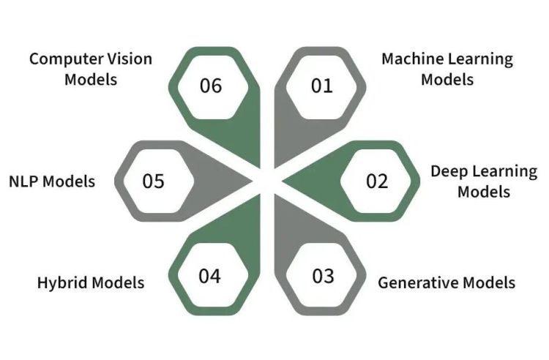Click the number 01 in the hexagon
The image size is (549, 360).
pos(321,86)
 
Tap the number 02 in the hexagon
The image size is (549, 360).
pos(377,180)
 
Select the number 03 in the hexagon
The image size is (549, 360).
pos(323,276)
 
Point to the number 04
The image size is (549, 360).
pos(209,276)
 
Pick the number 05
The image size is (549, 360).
pos(154,181)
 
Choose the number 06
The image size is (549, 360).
pos(210,86)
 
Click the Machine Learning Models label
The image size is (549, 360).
pos(447,69)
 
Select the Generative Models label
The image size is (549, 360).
pos(447,282)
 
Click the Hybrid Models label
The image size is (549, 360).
pos(91,282)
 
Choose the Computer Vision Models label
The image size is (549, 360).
pos(91,69)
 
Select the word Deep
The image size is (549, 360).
pos(447,171)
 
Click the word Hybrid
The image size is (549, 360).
pos(64,282)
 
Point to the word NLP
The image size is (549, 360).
pos(26,181)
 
